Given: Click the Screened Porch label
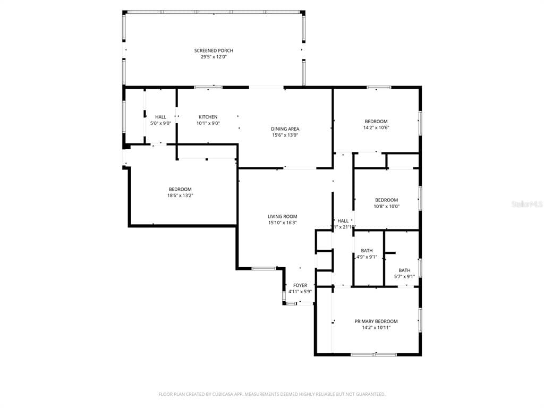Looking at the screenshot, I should coord(214,50).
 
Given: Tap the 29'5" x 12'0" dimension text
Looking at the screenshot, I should coord(214,57).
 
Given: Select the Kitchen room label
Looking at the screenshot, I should coord(208,117).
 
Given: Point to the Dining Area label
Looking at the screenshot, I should coord(285,129).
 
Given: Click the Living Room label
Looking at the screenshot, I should coord(282,216).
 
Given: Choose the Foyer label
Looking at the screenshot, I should coord(300,285).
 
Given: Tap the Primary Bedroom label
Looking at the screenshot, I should coord(376,321).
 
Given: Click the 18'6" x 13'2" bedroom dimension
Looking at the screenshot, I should coord(180,195).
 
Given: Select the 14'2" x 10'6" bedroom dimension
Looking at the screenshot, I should coord(376,127).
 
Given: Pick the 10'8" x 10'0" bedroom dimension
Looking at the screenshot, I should coord(386,207).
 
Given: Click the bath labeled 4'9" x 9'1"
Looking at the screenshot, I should coord(367,251).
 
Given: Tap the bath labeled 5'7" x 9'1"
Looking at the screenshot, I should coord(404,270).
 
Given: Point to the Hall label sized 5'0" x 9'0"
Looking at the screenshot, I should coord(160,117).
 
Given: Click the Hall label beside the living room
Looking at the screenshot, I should coord(343,221).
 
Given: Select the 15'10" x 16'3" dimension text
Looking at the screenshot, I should coord(282,223).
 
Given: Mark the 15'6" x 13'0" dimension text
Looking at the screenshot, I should coord(285,135).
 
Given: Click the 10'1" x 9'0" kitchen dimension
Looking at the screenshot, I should coord(208,123).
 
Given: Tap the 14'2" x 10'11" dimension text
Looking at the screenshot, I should coord(376,328).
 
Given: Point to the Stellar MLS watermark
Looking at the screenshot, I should coord(527,204).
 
